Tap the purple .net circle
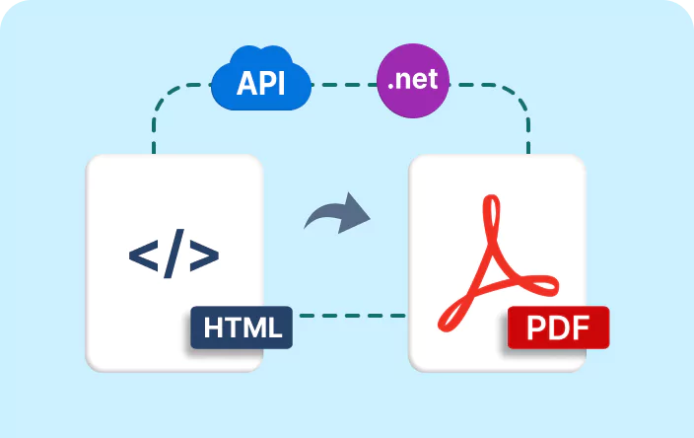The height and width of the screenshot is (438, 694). [413, 80]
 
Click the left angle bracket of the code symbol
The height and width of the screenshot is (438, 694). [143, 255]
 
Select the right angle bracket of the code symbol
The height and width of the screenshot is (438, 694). [204, 255]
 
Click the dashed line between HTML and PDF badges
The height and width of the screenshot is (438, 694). [350, 316]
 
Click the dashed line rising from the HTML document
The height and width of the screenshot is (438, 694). [155, 128]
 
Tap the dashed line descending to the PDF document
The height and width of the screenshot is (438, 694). [528, 128]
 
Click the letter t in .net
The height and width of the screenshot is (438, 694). [434, 80]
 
